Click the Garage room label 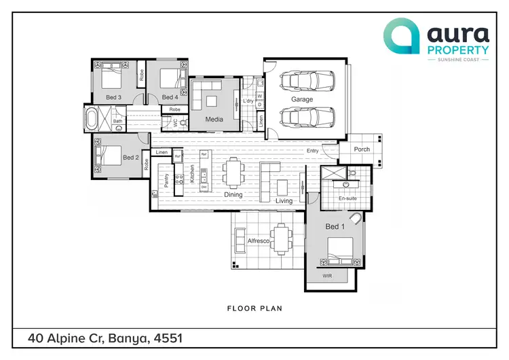[x=302, y=99]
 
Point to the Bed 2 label [x=130, y=158]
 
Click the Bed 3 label [x=113, y=98]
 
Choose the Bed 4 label [x=170, y=98]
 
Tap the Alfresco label [x=259, y=241]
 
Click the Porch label [x=362, y=149]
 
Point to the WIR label [x=327, y=276]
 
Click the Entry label [x=313, y=151]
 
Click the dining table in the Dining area [x=234, y=173]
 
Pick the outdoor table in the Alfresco [x=280, y=238]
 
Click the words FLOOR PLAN [x=254, y=308]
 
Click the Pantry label [x=166, y=180]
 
